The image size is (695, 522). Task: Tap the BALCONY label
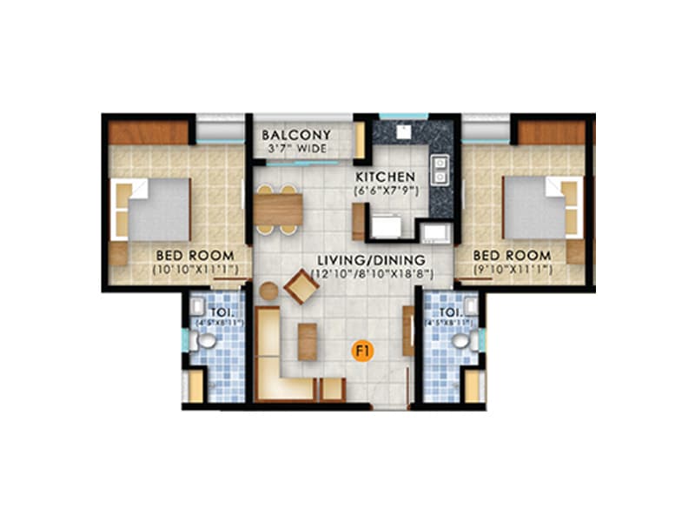[x=296, y=135]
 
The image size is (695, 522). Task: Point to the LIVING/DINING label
[x=370, y=260]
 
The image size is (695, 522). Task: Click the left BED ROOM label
[x=195, y=255]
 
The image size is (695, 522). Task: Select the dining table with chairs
[x=278, y=209]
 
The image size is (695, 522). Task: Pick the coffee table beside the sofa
[x=308, y=341]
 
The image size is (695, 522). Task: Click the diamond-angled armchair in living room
[x=301, y=286]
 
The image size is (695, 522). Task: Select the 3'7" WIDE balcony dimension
[x=295, y=149]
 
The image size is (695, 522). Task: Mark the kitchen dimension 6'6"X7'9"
[x=383, y=190]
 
